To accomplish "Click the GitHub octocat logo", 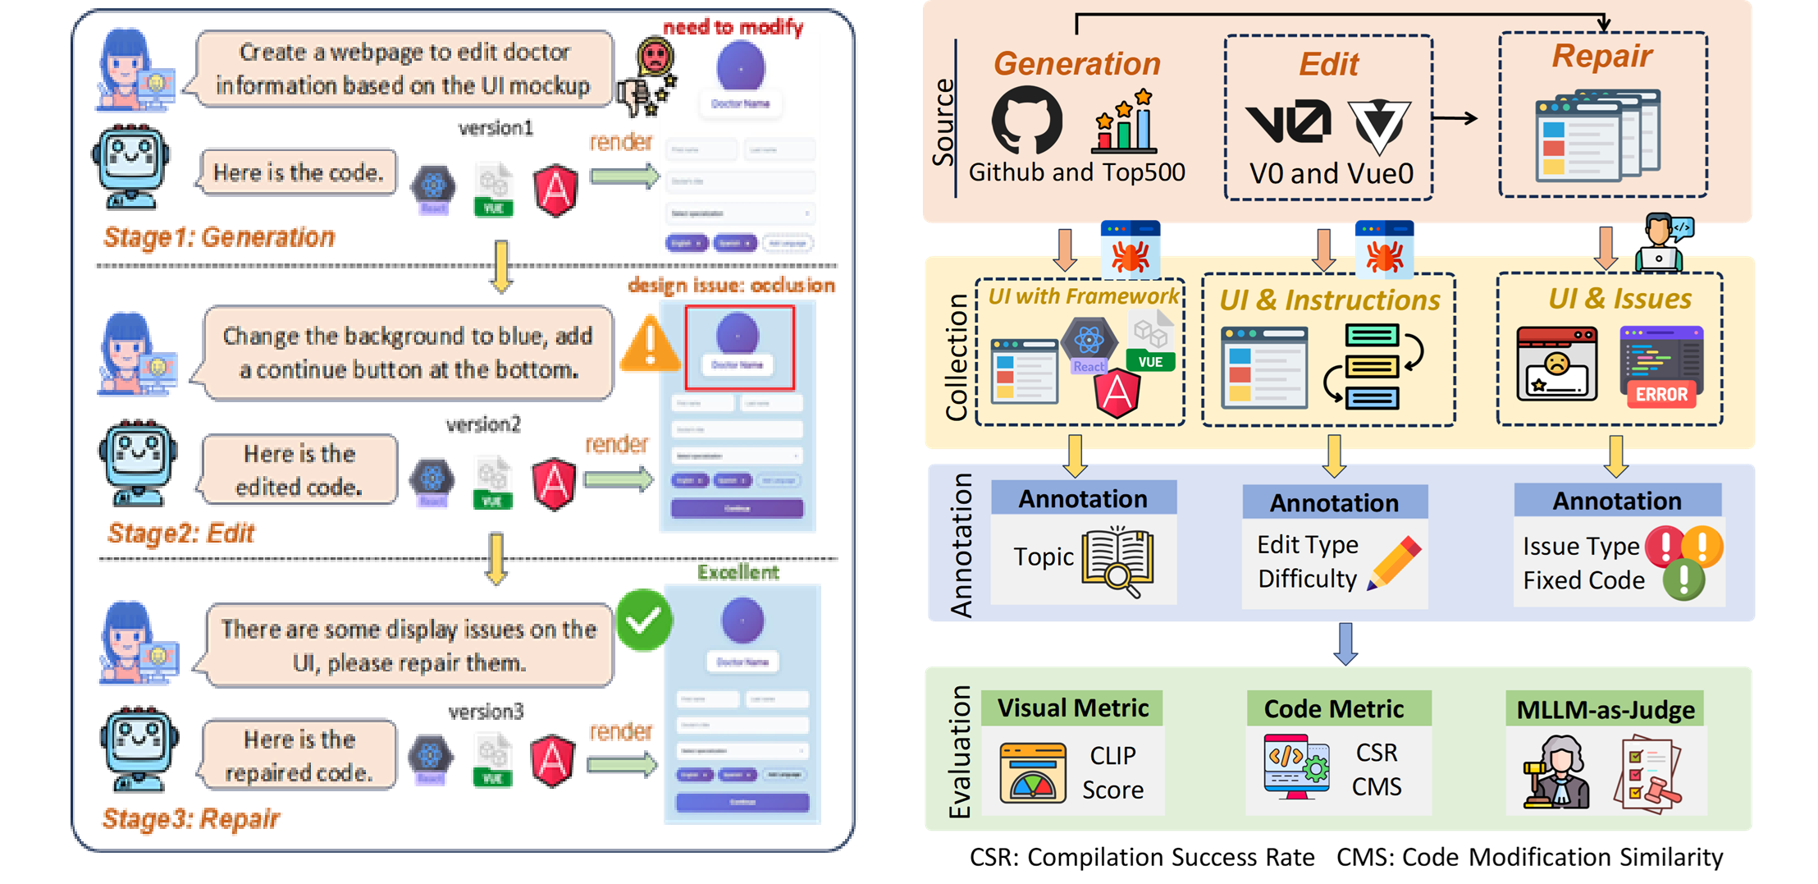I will click(1026, 121).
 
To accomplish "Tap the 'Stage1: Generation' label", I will click(219, 237).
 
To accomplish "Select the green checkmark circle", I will click(643, 621).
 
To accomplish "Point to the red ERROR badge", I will click(1661, 394).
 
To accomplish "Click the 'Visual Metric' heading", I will click(1072, 708).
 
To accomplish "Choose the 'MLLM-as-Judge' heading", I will click(1605, 710).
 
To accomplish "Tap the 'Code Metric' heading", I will click(1333, 709).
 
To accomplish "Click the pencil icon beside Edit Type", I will click(1395, 562).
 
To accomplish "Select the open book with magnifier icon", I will click(1117, 561).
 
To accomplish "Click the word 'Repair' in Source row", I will click(1601, 56).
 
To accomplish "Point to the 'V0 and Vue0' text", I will click(1331, 174).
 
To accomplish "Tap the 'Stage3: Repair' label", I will click(192, 818).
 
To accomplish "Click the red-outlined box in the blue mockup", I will click(739, 347).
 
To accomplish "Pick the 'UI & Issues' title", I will click(1619, 299).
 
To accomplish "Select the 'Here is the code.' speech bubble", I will click(299, 173).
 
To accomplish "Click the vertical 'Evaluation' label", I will click(960, 752).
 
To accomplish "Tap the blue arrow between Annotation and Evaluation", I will click(1345, 644).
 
